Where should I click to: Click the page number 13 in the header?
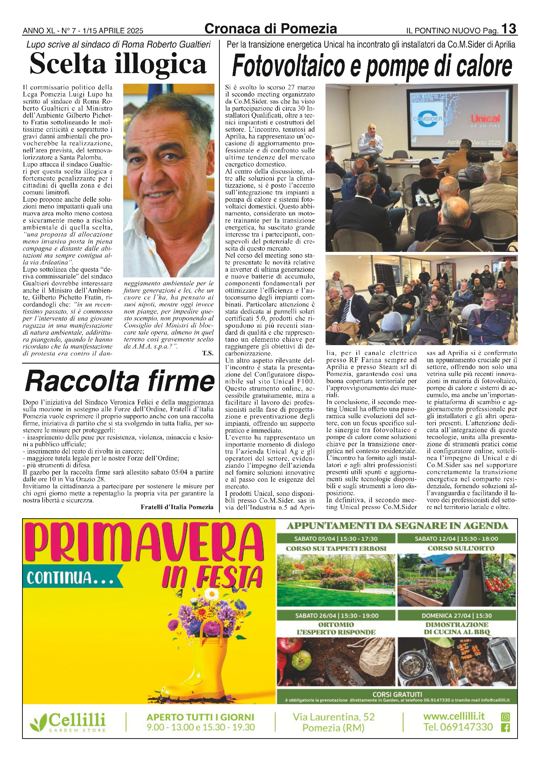tap(508, 29)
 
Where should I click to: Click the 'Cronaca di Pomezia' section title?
tap(270, 29)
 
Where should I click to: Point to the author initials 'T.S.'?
tap(208, 353)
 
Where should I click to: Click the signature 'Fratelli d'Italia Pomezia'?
tap(177, 507)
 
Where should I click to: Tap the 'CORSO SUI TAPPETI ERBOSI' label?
tap(336, 548)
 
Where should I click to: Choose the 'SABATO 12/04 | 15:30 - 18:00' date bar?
tap(456, 538)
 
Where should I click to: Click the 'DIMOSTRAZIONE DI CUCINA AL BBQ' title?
tap(456, 628)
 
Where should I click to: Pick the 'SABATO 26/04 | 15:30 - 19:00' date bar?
tap(337, 615)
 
